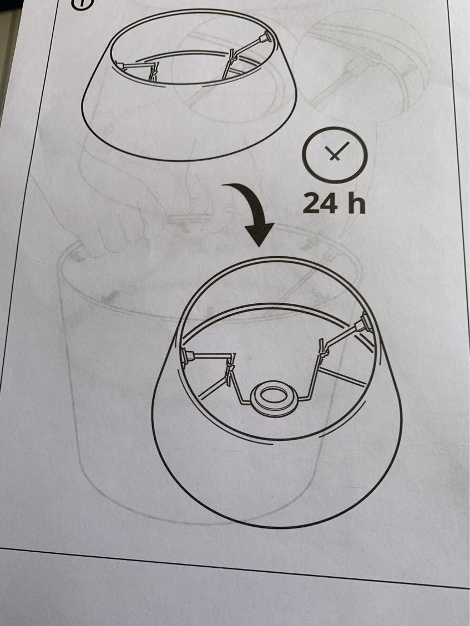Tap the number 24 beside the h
pyautogui.click(x=320, y=203)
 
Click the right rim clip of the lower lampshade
pyautogui.click(x=365, y=323)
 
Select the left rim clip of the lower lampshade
pyautogui.click(x=185, y=356)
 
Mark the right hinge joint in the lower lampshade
pyautogui.click(x=323, y=349)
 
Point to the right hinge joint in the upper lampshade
pyautogui.click(x=230, y=60)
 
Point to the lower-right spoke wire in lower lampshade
pyautogui.click(x=343, y=377)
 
